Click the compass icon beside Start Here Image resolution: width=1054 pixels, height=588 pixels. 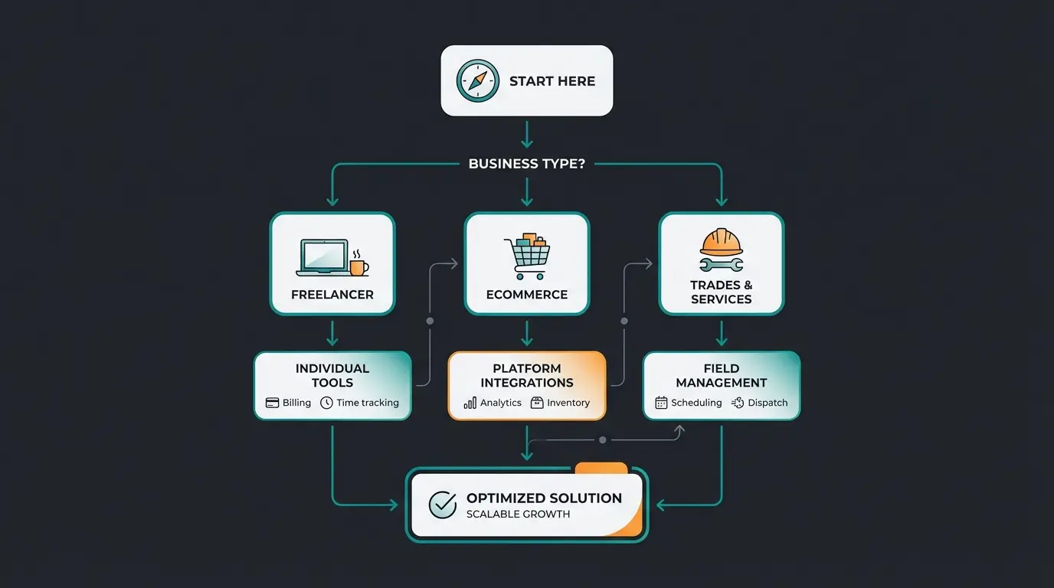point(477,81)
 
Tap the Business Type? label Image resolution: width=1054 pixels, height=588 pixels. point(526,164)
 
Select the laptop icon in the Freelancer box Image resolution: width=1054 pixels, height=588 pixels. point(322,258)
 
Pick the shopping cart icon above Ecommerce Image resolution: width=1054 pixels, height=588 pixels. point(527,256)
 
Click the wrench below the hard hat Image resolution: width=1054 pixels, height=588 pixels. point(721,265)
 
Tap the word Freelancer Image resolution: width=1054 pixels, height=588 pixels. point(332,295)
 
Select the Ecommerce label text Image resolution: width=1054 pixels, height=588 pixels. point(527,295)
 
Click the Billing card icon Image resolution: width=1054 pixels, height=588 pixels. point(272,403)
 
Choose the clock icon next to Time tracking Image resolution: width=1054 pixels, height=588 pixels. point(326,403)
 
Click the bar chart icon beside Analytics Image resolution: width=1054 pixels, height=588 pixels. point(470,403)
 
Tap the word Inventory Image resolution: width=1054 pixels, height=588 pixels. point(568,403)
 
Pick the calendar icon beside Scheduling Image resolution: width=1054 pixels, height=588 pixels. point(661,403)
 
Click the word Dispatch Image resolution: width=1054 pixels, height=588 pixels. point(768,403)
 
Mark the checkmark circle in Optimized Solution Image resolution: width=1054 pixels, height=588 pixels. point(442,505)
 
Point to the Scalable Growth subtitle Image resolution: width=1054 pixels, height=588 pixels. point(518,514)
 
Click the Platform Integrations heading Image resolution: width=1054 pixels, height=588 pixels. point(527,375)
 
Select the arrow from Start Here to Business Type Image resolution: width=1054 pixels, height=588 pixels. point(526,134)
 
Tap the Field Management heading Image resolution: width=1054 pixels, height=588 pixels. point(722,375)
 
